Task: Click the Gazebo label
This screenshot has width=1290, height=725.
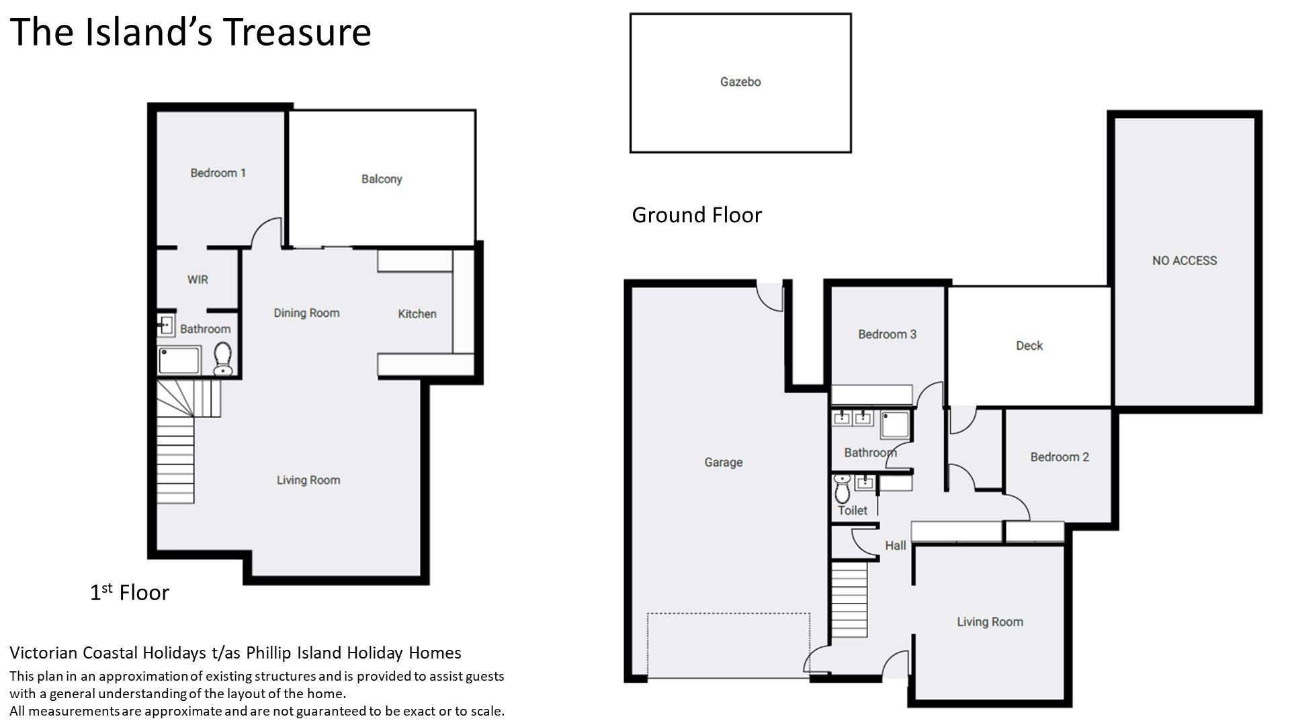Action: point(740,82)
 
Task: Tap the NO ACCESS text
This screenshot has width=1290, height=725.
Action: point(1185,260)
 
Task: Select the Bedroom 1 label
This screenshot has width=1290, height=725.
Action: point(218,173)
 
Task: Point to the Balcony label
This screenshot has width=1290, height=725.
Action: point(382,179)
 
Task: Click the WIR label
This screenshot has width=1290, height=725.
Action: point(198,279)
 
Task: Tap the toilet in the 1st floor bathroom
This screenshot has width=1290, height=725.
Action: point(222,358)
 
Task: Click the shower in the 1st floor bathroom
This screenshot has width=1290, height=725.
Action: point(179,360)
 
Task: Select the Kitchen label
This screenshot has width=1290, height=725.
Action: point(417,313)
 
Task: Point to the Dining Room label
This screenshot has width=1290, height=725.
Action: point(306,313)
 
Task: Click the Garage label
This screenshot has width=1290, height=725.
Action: point(724,463)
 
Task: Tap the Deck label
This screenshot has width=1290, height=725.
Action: point(1029,346)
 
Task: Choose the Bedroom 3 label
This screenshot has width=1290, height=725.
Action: point(887,334)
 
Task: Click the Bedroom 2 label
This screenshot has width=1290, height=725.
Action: point(1060,457)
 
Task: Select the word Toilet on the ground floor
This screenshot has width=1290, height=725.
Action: point(853,510)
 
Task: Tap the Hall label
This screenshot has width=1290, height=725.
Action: point(895,546)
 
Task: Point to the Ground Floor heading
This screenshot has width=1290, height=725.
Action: point(697,215)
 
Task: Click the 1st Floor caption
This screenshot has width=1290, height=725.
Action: point(130,592)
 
